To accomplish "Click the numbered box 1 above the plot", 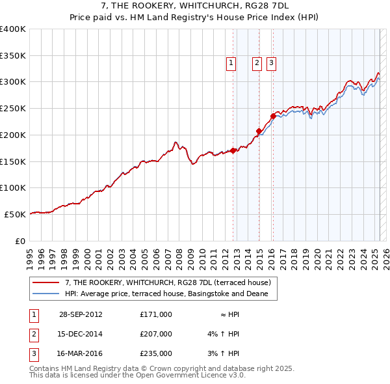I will click(231, 63).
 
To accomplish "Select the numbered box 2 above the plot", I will click(257, 63).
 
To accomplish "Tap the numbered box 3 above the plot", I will click(271, 63).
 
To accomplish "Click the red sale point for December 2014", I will click(259, 131).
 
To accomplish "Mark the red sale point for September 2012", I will click(233, 150).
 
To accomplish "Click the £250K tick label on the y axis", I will click(12, 109).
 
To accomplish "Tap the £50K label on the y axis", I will click(15, 214).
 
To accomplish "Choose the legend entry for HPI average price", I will click(170, 294).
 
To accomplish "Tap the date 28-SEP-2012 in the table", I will click(81, 314).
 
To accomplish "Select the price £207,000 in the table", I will click(155, 335).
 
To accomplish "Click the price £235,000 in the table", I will click(155, 355).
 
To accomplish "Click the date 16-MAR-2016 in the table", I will click(81, 355).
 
